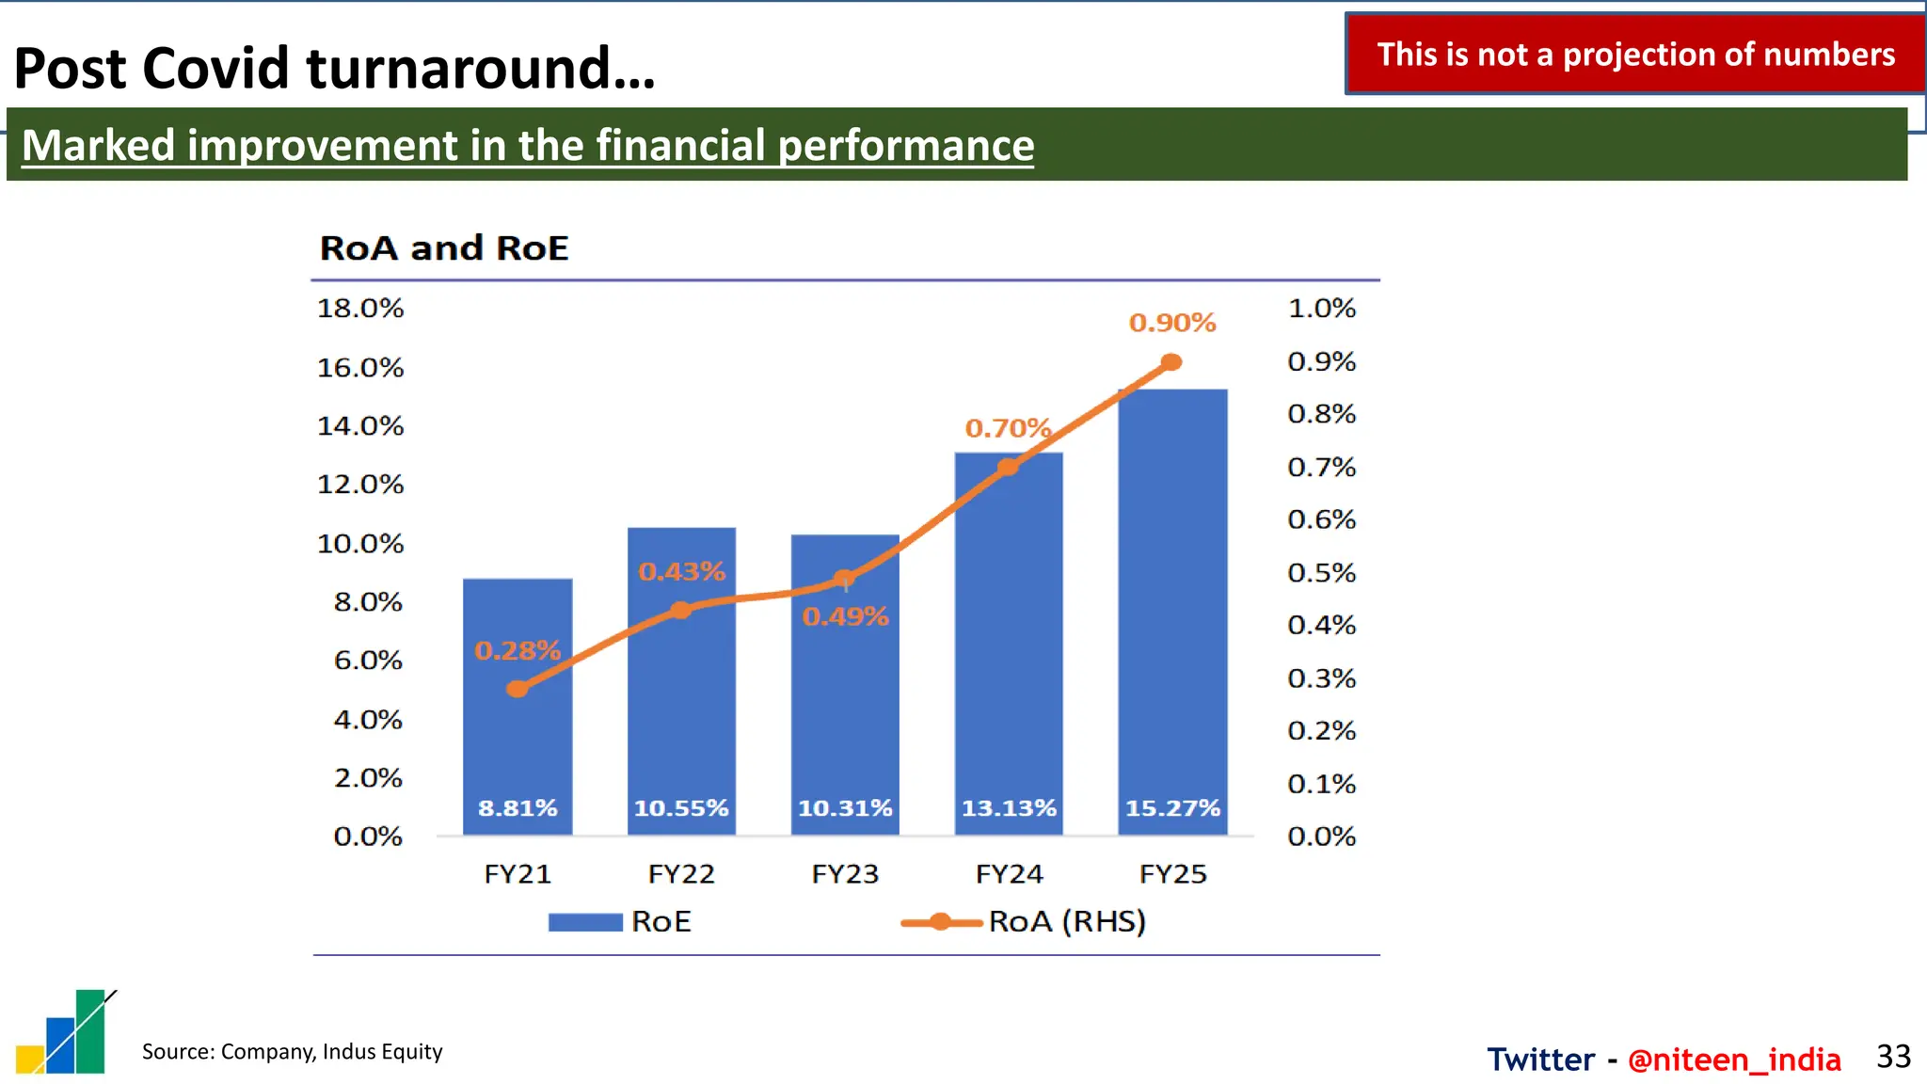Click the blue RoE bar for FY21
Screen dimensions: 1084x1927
[x=518, y=734]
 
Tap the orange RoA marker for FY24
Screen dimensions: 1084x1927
[x=1008, y=467]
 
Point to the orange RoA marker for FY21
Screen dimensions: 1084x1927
[x=517, y=689]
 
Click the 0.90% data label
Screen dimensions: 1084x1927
[x=1172, y=323]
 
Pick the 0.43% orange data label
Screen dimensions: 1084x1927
[x=681, y=571]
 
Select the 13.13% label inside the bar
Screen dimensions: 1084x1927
[x=1009, y=808]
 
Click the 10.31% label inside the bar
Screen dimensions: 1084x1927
[x=845, y=808]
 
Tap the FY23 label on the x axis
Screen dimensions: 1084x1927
[x=845, y=874]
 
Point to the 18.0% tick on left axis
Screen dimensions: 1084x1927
[x=360, y=309]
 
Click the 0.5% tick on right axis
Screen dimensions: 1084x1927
[x=1321, y=573]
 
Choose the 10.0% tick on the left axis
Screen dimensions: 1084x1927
[x=360, y=544]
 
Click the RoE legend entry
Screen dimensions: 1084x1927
[x=621, y=921]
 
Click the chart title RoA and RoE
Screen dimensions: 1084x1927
[x=444, y=248]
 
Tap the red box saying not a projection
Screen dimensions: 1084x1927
[x=1635, y=55]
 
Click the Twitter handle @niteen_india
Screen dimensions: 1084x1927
[x=1733, y=1060]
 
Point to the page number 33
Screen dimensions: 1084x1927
[x=1893, y=1057]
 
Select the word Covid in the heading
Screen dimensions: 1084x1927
[x=215, y=69]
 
